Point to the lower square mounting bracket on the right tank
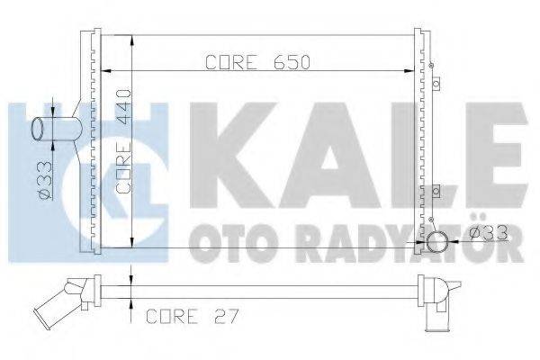click(x=436, y=191)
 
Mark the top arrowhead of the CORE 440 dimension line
click(x=132, y=40)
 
